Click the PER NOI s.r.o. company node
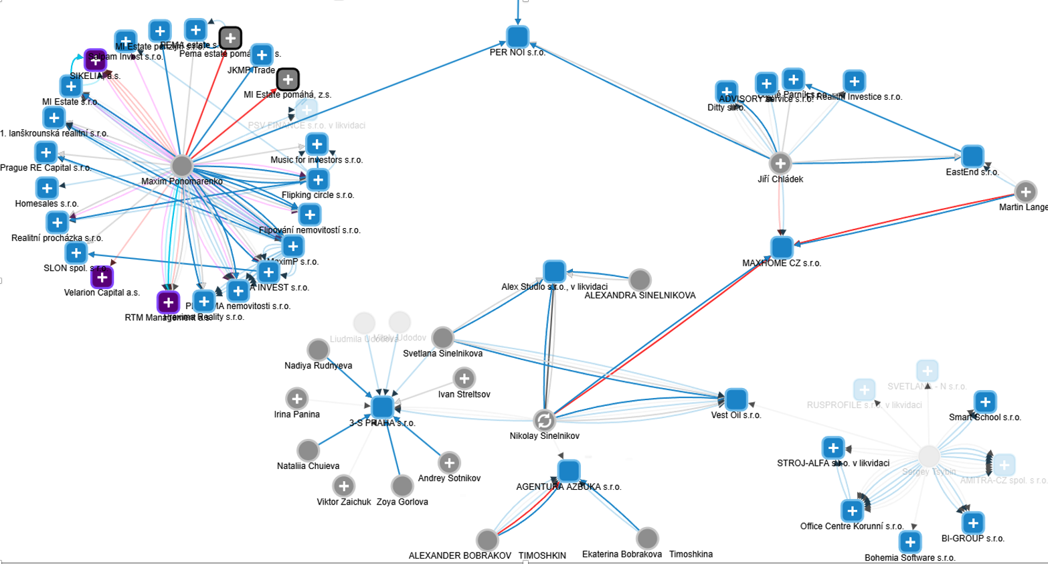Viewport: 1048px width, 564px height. tap(517, 36)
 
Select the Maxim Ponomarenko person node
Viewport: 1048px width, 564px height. tap(182, 166)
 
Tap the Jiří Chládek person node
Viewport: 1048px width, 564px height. tap(780, 163)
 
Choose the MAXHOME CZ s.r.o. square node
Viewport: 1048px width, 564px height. tap(782, 248)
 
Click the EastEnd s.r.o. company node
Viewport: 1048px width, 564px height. tap(972, 157)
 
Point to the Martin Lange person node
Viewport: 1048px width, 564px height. tap(1025, 192)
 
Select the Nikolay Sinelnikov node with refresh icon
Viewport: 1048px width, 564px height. tap(545, 420)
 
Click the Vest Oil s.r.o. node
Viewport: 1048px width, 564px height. tap(736, 399)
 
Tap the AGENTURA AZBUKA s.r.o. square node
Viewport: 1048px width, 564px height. tap(569, 471)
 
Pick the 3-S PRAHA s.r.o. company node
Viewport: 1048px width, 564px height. tap(382, 407)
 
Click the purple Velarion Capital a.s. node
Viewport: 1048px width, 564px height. tap(102, 277)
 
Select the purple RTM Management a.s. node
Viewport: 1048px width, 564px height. tap(168, 302)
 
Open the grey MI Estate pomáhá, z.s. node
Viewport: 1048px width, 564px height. tap(288, 80)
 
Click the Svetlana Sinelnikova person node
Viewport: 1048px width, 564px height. tap(443, 338)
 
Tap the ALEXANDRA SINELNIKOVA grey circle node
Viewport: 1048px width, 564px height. tap(640, 280)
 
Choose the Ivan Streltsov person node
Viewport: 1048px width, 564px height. tap(464, 379)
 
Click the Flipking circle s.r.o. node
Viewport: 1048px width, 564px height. tap(318, 180)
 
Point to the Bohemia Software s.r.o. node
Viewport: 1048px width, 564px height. tap(909, 541)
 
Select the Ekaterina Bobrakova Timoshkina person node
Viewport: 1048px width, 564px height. tap(647, 538)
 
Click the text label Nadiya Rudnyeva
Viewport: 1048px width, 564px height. tap(318, 366)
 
